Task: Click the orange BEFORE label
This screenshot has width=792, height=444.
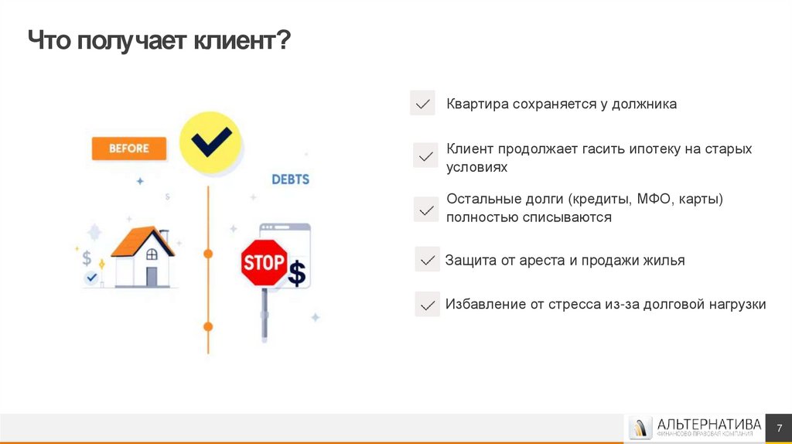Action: pyautogui.click(x=129, y=149)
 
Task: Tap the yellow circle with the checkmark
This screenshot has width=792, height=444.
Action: pyautogui.click(x=210, y=142)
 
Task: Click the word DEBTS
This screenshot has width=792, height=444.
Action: pyautogui.click(x=290, y=179)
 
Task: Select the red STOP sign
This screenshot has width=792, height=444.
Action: pyautogui.click(x=264, y=261)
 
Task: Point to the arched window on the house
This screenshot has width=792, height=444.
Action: pyautogui.click(x=152, y=254)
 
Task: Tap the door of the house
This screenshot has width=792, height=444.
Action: pyautogui.click(x=152, y=276)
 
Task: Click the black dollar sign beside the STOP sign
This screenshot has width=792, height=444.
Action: pyautogui.click(x=297, y=273)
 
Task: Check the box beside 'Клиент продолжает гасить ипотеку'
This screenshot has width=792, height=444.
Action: pyautogui.click(x=425, y=155)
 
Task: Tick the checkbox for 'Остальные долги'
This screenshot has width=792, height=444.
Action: pyautogui.click(x=425, y=210)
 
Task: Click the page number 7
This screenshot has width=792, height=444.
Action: pyautogui.click(x=779, y=428)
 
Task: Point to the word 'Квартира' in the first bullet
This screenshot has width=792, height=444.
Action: pyautogui.click(x=476, y=104)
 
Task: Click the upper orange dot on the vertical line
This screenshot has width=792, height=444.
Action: pyautogui.click(x=207, y=254)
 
